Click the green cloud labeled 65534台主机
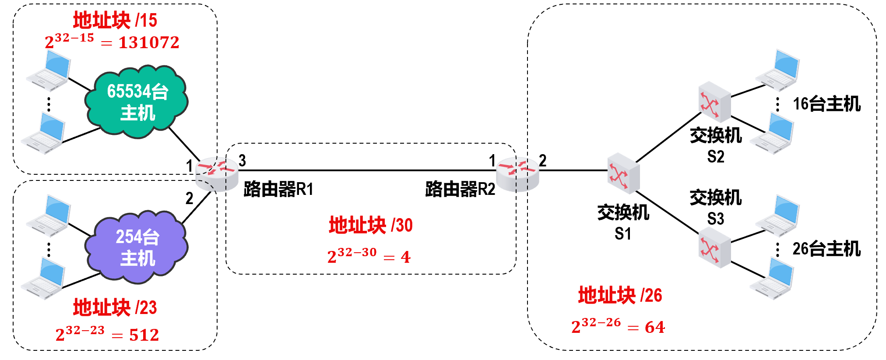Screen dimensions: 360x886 click(x=137, y=102)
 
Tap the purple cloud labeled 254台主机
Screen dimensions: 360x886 click(x=137, y=247)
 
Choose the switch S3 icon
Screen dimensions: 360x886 click(x=714, y=249)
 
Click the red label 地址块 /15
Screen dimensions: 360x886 click(x=115, y=20)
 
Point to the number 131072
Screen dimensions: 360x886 click(x=149, y=42)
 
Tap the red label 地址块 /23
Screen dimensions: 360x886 click(x=115, y=307)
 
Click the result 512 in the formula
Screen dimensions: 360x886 click(x=144, y=335)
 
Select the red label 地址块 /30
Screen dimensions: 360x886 click(x=370, y=225)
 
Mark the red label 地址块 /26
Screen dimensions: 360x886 click(x=620, y=295)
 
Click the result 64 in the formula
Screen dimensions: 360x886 click(x=654, y=327)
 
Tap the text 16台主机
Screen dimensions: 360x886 click(x=826, y=104)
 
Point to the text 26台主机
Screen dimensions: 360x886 click(x=826, y=249)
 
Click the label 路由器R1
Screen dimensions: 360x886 click(x=278, y=189)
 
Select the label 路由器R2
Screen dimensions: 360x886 click(x=460, y=189)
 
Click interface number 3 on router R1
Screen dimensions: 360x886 click(x=242, y=161)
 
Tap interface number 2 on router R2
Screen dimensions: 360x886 click(x=542, y=161)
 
